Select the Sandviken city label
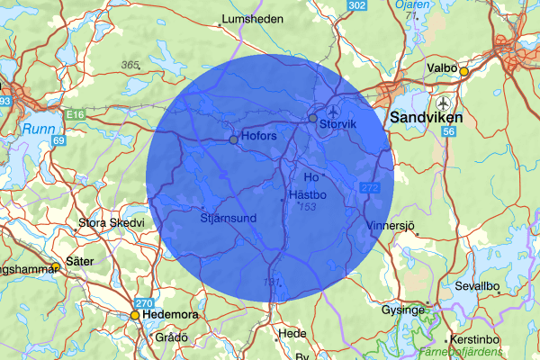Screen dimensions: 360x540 (425, 118)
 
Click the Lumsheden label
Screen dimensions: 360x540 (252, 18)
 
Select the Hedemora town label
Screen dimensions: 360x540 (172, 316)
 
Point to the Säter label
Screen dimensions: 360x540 (81, 261)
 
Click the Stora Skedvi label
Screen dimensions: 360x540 (112, 222)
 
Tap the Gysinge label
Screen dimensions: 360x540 (402, 310)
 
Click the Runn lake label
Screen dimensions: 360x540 (40, 129)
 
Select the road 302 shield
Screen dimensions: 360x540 (356, 6)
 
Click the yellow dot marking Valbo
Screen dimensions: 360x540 (464, 71)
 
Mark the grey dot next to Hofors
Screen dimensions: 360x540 (233, 140)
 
